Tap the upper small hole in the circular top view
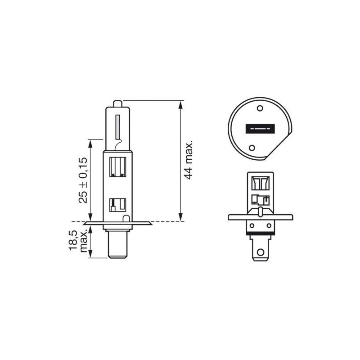260,109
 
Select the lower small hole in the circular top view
252,148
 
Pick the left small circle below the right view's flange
252,226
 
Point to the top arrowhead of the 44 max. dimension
180,104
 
